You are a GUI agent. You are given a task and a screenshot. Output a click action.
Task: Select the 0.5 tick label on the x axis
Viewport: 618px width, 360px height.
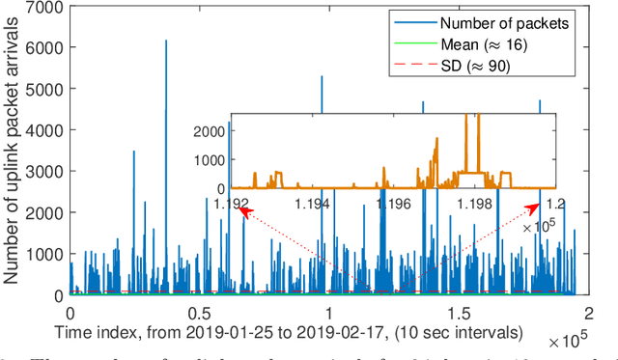pos(198,314)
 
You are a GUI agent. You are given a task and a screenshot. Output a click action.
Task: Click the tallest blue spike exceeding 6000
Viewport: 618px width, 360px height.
pos(166,42)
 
